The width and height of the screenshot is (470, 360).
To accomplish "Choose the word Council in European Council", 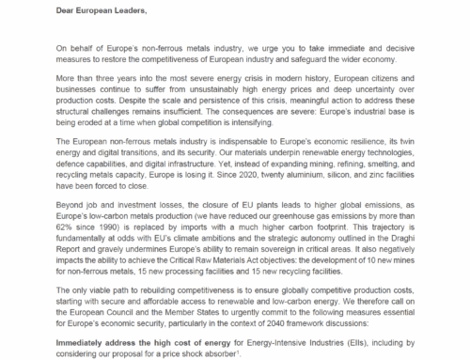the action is click(x=117, y=297).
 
